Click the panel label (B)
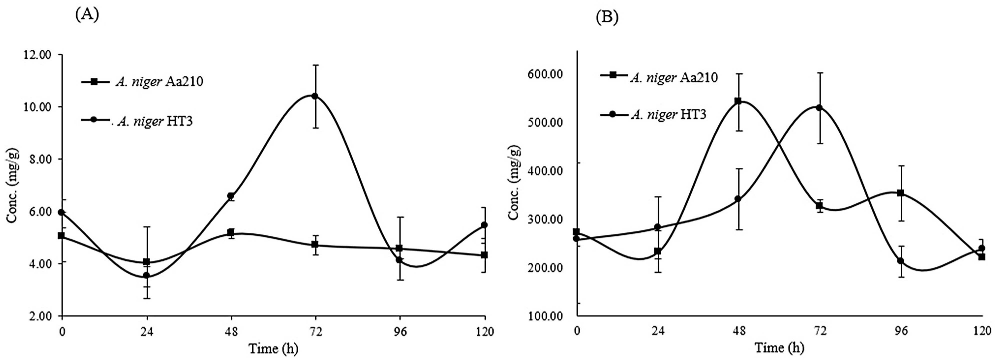[607, 17]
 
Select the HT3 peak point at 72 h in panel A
[315, 96]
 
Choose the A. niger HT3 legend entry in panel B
[668, 115]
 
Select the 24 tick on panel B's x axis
[658, 331]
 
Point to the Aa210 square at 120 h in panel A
[484, 255]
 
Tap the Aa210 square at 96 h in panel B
[900, 193]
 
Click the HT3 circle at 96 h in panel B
[900, 261]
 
